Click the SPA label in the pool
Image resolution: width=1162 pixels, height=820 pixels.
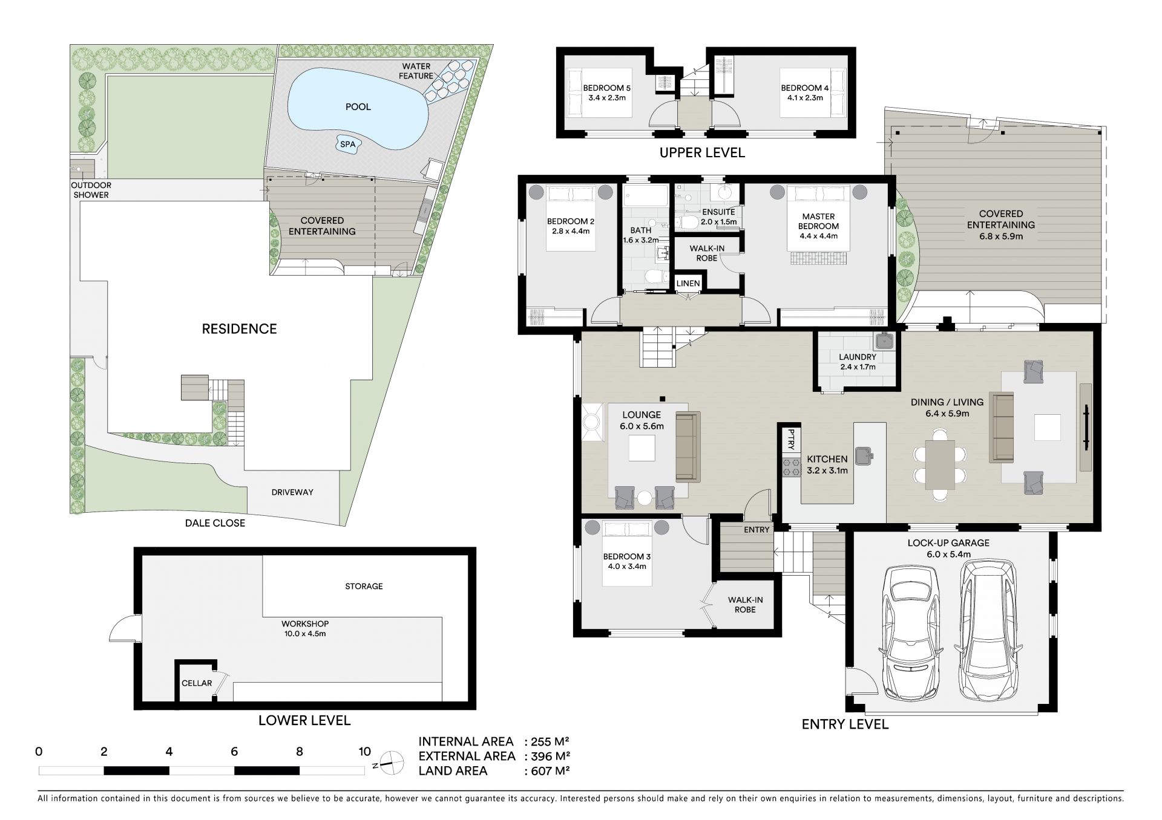tap(347, 145)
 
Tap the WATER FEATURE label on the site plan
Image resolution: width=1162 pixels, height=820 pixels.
tap(416, 71)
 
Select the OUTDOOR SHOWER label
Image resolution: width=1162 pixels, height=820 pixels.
tap(91, 190)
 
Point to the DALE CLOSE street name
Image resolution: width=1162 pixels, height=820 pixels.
tap(215, 523)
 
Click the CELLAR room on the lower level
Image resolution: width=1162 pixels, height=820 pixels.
tap(197, 683)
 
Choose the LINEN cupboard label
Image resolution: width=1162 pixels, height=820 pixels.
tap(688, 283)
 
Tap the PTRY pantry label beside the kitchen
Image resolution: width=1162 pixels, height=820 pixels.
tap(790, 440)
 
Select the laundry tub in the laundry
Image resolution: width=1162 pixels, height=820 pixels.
tap(884, 342)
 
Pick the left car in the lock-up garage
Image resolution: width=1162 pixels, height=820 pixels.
tap(911, 632)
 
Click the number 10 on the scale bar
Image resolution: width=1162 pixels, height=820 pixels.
tap(364, 752)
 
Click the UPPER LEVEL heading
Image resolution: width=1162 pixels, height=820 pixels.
tap(702, 152)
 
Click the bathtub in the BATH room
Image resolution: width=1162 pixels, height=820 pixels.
tap(645, 198)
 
